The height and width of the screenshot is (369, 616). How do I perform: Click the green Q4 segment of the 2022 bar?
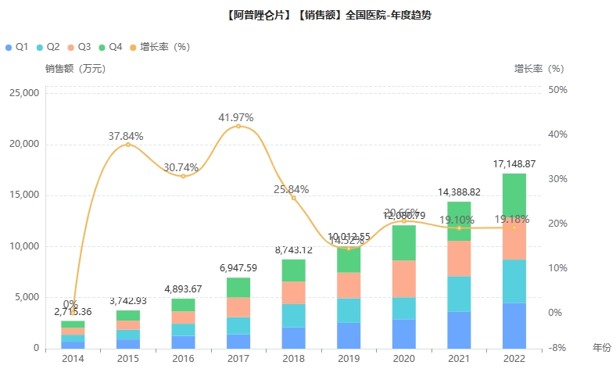click(x=514, y=197)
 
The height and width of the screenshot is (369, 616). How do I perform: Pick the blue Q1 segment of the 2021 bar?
click(x=459, y=330)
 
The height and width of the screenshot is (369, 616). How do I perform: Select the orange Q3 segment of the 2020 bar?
click(x=403, y=279)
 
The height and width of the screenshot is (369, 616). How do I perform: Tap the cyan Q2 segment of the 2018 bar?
click(x=293, y=315)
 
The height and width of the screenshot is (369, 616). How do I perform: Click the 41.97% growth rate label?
click(x=236, y=118)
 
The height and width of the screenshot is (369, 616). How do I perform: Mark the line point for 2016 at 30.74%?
click(x=183, y=176)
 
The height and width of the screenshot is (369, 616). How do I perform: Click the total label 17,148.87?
click(x=514, y=164)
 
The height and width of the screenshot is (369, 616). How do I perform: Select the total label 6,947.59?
click(x=238, y=268)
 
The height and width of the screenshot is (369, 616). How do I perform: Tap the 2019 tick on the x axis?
click(x=349, y=359)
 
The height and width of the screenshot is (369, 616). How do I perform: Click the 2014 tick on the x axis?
click(x=73, y=359)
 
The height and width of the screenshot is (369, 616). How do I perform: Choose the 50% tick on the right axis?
click(x=557, y=89)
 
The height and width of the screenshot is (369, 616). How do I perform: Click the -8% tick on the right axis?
click(x=557, y=348)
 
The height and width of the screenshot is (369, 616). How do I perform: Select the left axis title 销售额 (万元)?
click(x=75, y=68)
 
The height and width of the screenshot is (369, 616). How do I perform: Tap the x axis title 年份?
click(x=602, y=346)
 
